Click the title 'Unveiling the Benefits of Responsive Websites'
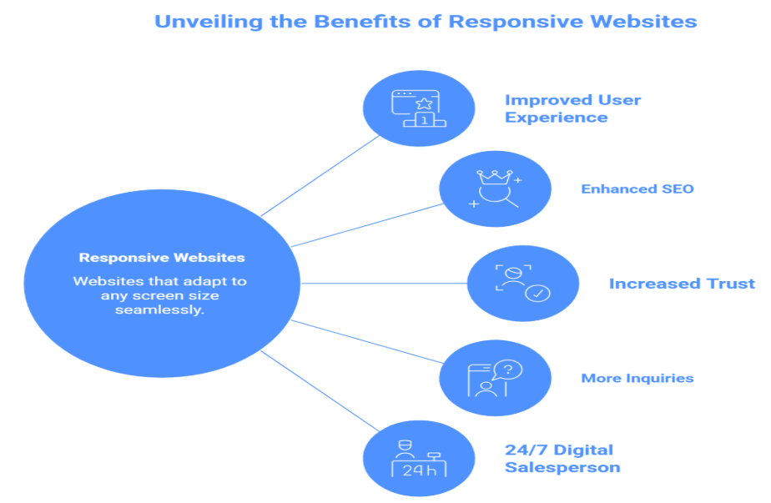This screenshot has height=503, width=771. tap(426, 22)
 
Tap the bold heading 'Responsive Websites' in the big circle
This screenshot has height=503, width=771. tap(162, 258)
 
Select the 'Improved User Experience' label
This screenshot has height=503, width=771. tap(572, 108)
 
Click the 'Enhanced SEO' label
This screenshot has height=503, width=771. tap(637, 189)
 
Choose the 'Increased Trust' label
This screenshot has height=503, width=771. tap(682, 284)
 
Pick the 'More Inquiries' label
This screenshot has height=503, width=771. tap(637, 378)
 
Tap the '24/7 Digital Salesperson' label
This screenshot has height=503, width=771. tap(562, 459)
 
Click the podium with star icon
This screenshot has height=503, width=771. tap(419, 109)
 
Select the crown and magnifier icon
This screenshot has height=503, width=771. tap(495, 189)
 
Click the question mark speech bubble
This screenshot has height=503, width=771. tap(507, 370)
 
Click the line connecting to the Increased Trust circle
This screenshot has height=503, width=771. tap(384, 284)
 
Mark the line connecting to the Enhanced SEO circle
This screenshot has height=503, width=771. tap(367, 225)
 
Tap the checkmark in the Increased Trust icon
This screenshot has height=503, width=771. tap(537, 294)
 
